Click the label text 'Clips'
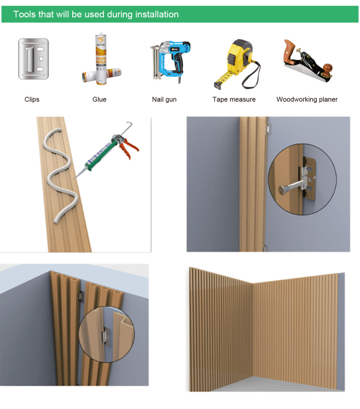[x=32, y=100]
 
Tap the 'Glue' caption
[x=99, y=100]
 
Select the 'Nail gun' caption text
[x=164, y=100]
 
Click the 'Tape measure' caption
[x=234, y=100]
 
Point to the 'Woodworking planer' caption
[x=307, y=100]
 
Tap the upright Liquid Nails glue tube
[x=101, y=58]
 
